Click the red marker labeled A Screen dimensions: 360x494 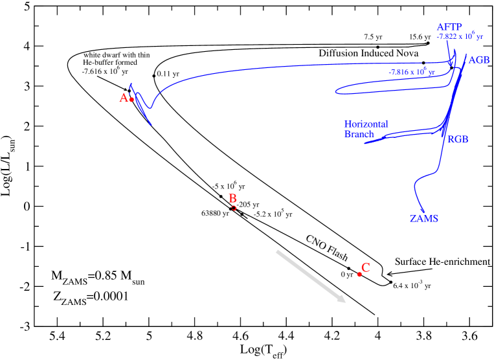tap(131, 100)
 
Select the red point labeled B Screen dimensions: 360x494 tap(234, 208)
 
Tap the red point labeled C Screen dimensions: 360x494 tap(359, 275)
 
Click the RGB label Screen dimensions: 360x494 tap(457, 139)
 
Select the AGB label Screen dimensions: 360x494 tap(479, 59)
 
